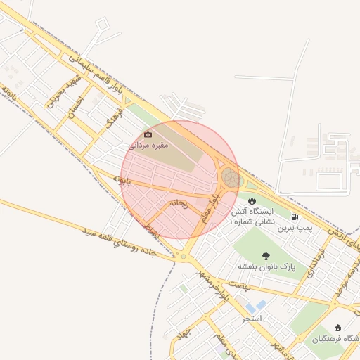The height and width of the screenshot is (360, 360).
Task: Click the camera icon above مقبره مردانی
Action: pyautogui.click(x=148, y=134)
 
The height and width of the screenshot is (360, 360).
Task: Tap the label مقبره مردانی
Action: pyautogui.click(x=148, y=145)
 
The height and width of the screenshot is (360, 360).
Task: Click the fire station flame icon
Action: pyautogui.click(x=252, y=201)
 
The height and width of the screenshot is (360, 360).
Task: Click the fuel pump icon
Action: pyautogui.click(x=294, y=217)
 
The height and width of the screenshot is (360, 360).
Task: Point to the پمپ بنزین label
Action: pyautogui.click(x=294, y=228)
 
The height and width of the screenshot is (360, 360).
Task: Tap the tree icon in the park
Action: pyautogui.click(x=266, y=256)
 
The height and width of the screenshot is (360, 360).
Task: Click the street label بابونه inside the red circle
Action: pyautogui.click(x=123, y=180)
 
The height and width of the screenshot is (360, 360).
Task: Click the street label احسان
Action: pyautogui.click(x=75, y=106)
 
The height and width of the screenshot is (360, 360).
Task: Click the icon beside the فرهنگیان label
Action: pyautogui.click(x=338, y=328)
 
